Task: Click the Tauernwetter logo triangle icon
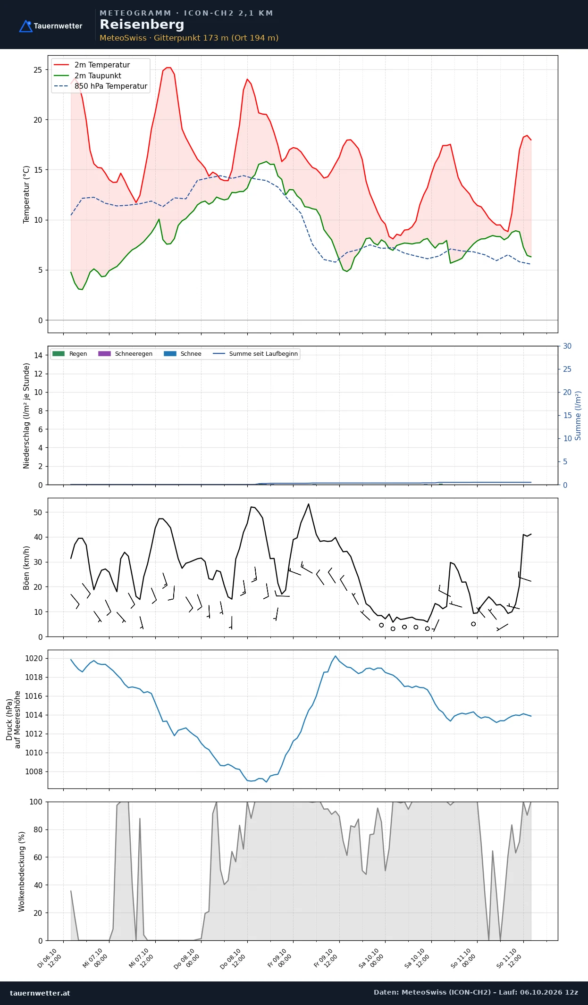[x=25, y=26]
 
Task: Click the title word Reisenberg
[x=142, y=25]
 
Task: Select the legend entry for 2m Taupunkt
[x=88, y=75]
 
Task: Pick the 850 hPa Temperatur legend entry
[x=101, y=86]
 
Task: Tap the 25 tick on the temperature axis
[x=38, y=70]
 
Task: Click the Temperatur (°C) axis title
[x=26, y=194]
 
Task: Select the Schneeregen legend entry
[x=126, y=353]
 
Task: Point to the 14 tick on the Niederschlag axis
[x=38, y=355]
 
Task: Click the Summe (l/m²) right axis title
[x=578, y=416]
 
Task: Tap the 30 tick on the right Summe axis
[x=567, y=346]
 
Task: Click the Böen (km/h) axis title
[x=26, y=568]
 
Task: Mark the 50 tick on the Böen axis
[x=38, y=512]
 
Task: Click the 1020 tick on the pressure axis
[x=34, y=658]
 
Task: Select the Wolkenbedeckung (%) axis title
[x=22, y=871]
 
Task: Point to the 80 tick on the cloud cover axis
[x=38, y=829]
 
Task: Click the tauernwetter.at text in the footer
[x=40, y=993]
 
